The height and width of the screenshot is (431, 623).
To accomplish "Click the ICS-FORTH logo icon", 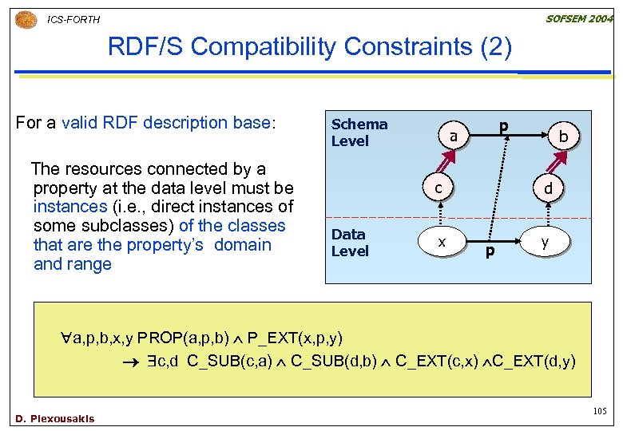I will [26, 18].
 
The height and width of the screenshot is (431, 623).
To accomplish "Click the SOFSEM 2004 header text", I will [579, 18].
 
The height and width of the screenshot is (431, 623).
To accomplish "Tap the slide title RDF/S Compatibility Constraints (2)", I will [310, 47].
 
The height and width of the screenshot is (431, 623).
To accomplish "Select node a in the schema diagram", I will [453, 136].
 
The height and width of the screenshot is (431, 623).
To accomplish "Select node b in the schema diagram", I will [563, 137].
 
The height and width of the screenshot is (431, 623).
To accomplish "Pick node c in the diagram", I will [438, 188].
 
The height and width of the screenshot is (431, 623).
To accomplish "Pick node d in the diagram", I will [548, 189].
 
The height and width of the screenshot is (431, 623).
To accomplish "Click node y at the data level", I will [545, 241].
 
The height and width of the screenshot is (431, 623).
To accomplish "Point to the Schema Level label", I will [359, 132].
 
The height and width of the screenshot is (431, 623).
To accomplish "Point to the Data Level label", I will [350, 243].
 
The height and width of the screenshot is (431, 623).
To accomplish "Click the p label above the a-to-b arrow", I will [503, 126].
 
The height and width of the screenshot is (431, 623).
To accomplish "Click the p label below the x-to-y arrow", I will [490, 252].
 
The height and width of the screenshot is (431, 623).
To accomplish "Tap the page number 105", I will [600, 411].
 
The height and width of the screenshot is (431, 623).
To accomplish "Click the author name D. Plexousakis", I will [54, 418].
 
